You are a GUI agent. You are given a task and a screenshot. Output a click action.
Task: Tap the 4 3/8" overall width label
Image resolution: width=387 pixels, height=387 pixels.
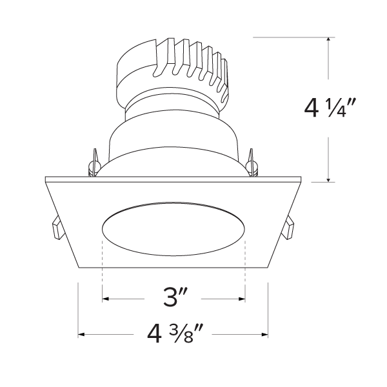click(x=174, y=335)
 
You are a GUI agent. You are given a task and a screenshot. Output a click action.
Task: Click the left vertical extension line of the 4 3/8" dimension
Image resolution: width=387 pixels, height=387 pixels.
click(x=78, y=310)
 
